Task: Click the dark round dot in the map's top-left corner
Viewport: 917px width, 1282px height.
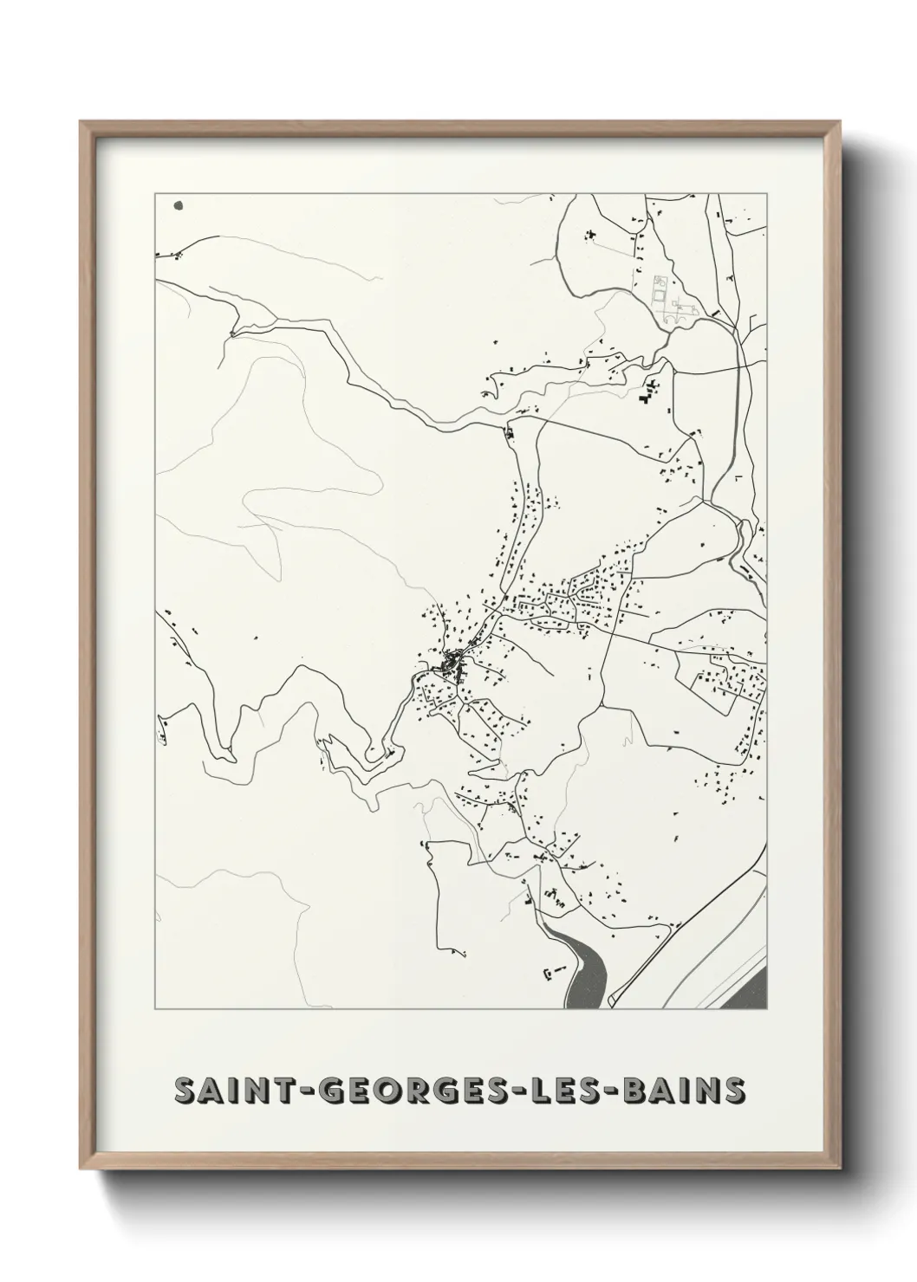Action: coord(179,206)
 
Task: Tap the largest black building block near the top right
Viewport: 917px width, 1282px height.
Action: coord(646,396)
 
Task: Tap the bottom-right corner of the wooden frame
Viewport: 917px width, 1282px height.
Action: coord(840,1172)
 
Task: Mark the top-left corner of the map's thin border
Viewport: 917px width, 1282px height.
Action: coord(155,194)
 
